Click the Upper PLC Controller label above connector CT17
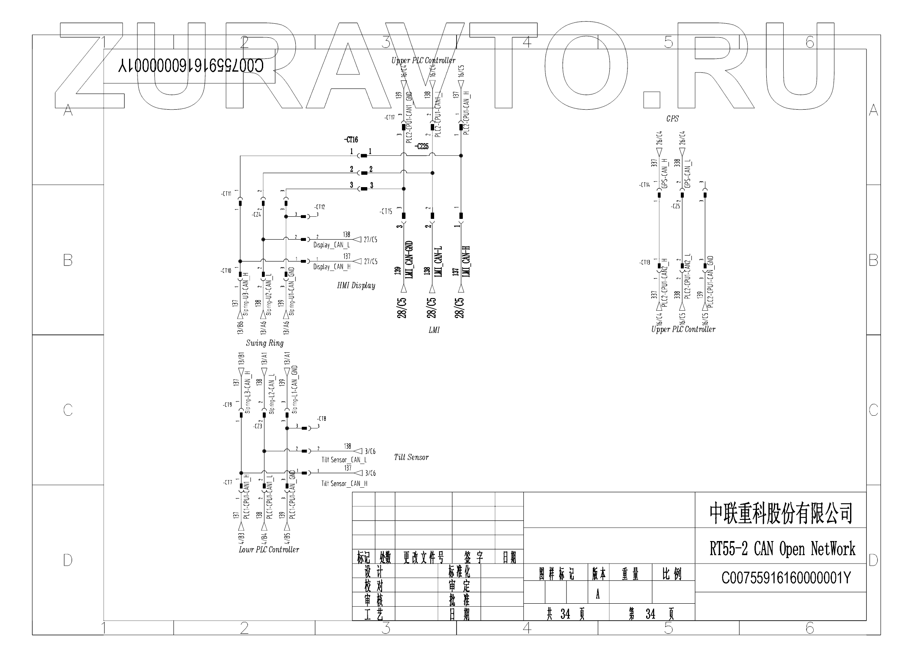423,61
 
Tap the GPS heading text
672,119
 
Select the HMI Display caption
356,286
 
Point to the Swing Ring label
264,343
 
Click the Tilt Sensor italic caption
411,457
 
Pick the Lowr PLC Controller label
269,550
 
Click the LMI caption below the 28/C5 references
434,330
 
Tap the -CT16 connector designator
351,140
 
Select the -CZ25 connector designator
421,146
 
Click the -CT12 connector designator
319,207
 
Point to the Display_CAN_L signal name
331,245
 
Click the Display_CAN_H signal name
332,267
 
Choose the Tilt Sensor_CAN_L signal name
344,460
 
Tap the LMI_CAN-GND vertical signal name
409,259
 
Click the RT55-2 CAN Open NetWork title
782,549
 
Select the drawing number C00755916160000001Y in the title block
786,578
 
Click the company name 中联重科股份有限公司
781,513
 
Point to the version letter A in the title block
598,595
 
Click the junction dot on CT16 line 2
432,173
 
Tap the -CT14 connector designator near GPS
644,185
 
